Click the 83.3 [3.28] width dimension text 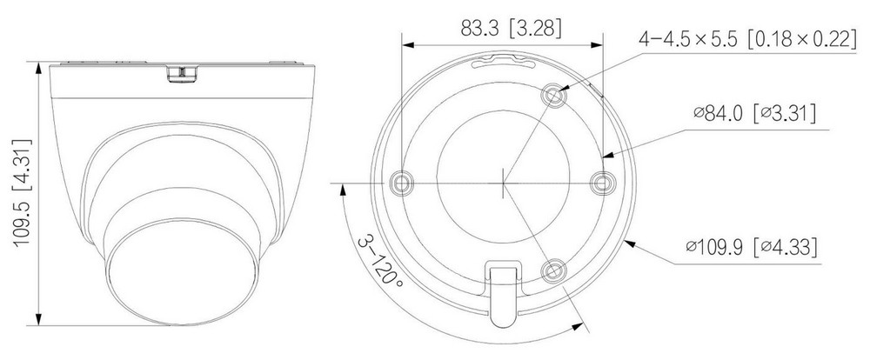pyautogui.click(x=511, y=29)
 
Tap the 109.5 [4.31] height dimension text pyautogui.click(x=22, y=192)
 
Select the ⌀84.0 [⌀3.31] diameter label pyautogui.click(x=754, y=113)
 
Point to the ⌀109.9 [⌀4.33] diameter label pyautogui.click(x=752, y=246)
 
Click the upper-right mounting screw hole pyautogui.click(x=553, y=96)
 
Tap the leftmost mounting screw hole pyautogui.click(x=401, y=183)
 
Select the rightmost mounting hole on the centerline pyautogui.click(x=601, y=183)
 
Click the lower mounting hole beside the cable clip pyautogui.click(x=553, y=270)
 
